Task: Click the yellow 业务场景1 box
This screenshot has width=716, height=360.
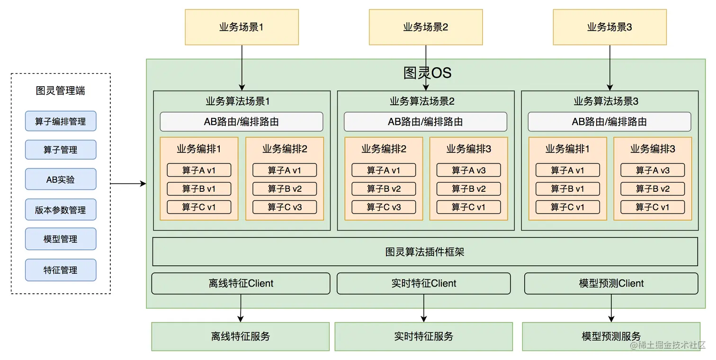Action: [242, 27]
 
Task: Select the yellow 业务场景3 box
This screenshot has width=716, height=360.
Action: [609, 27]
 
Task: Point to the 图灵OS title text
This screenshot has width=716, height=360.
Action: [427, 73]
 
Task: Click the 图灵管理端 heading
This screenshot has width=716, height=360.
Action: [61, 90]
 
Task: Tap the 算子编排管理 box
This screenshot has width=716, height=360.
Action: [61, 121]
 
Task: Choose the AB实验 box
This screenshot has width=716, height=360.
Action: [61, 180]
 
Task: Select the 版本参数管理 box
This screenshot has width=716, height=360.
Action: [61, 210]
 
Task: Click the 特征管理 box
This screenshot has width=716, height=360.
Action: [61, 270]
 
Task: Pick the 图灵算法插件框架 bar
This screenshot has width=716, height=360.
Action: [425, 252]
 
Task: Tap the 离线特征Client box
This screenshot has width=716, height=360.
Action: [241, 283]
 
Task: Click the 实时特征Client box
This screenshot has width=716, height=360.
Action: [423, 283]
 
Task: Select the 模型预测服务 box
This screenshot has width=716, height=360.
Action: [611, 336]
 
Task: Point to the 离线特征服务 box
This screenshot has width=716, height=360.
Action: [240, 336]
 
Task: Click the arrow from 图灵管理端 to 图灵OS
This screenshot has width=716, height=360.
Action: [128, 183]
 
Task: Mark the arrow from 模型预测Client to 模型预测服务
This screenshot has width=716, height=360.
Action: [611, 308]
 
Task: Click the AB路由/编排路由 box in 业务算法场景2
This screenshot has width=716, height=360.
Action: [425, 122]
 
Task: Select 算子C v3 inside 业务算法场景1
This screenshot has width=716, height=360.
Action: [285, 207]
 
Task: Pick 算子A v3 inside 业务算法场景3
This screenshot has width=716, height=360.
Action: [653, 170]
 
